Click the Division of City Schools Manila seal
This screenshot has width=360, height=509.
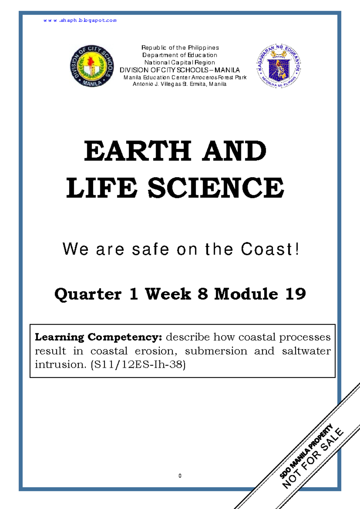(x=92, y=66)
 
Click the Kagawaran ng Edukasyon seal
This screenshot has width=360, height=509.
(x=279, y=66)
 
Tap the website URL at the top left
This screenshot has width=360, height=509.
(x=80, y=20)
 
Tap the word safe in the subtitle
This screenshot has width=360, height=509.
(x=150, y=249)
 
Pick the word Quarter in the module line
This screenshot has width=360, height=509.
(x=88, y=294)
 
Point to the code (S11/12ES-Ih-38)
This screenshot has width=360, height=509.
(x=138, y=364)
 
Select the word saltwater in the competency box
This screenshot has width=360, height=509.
(x=306, y=351)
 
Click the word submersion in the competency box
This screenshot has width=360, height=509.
(x=216, y=351)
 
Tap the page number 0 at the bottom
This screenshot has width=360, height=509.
(x=180, y=476)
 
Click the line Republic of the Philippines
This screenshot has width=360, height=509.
(x=180, y=48)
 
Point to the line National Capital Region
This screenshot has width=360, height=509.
(x=180, y=62)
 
